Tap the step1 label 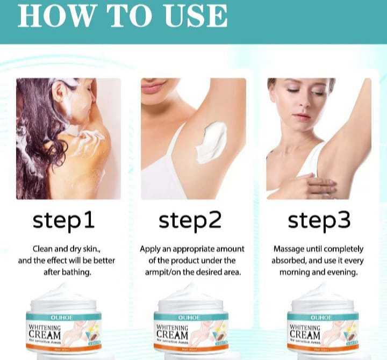point(63,220)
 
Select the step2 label point(190,220)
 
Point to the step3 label point(319,220)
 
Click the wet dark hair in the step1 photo point(32,140)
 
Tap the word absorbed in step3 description point(291,261)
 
